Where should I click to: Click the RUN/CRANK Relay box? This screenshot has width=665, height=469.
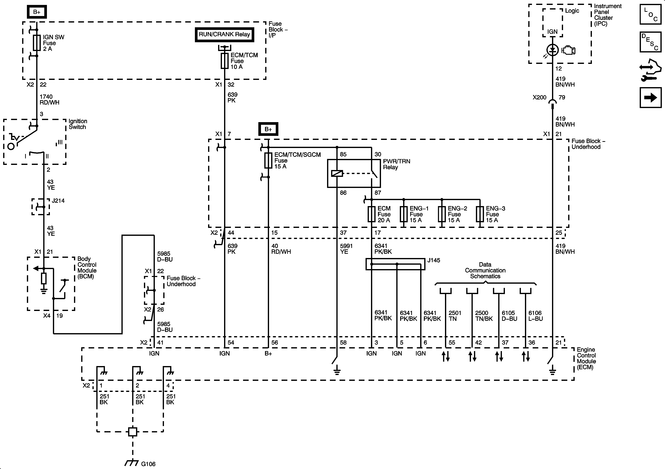[x=224, y=34]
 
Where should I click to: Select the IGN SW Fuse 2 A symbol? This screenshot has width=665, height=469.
[x=37, y=43]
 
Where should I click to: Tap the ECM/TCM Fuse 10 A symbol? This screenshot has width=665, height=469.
[x=224, y=61]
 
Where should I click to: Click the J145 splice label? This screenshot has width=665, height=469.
[x=434, y=260]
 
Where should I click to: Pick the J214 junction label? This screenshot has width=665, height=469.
[x=58, y=201]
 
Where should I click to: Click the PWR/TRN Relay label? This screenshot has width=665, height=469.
[x=396, y=164]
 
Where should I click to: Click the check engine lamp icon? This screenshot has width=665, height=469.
[x=568, y=51]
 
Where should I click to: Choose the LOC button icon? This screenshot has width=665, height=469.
[x=651, y=14]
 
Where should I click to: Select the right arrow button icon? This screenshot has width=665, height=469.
[x=651, y=98]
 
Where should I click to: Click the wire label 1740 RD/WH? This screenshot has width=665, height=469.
[x=49, y=99]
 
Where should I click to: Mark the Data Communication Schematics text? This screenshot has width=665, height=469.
[x=485, y=270]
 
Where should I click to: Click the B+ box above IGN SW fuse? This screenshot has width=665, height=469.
[x=37, y=12]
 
